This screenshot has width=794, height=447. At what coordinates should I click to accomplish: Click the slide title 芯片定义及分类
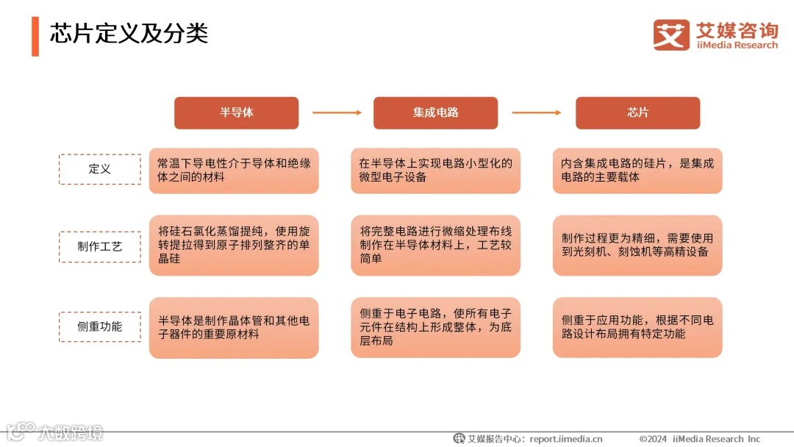[x=129, y=33]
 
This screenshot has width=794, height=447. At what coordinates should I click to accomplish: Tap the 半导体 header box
[x=236, y=112]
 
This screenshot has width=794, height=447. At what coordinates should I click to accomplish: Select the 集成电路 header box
[x=435, y=112]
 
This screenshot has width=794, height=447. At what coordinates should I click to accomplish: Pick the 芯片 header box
[x=637, y=112]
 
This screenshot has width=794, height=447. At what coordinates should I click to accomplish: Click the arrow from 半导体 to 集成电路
[x=337, y=112]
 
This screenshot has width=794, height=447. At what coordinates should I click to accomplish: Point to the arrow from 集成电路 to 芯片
[x=537, y=112]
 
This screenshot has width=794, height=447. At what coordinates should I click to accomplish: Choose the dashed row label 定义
[x=99, y=169]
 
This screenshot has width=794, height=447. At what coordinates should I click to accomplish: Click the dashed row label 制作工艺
[x=99, y=246]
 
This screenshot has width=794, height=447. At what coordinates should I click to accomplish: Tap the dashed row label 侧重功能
[x=99, y=326]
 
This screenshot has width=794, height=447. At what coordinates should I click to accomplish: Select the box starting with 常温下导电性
[x=234, y=170]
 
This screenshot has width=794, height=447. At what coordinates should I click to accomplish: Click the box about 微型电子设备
[x=435, y=170]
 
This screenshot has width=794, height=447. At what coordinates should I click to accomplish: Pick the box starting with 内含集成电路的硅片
[x=637, y=170]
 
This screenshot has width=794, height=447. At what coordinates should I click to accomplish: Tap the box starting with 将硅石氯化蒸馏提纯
[x=234, y=246]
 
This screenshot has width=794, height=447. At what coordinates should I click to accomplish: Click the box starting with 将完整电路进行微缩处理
[x=435, y=246]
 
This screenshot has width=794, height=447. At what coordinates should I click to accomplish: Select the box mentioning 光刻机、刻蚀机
[x=637, y=246]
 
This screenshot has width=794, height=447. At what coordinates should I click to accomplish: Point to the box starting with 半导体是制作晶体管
[x=234, y=327]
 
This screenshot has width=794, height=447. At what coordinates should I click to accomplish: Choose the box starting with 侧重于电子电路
[x=435, y=327]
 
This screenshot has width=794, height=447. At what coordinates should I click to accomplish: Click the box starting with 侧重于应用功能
[x=637, y=327]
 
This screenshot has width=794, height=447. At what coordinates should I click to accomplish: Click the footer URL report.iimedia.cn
[x=565, y=439]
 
